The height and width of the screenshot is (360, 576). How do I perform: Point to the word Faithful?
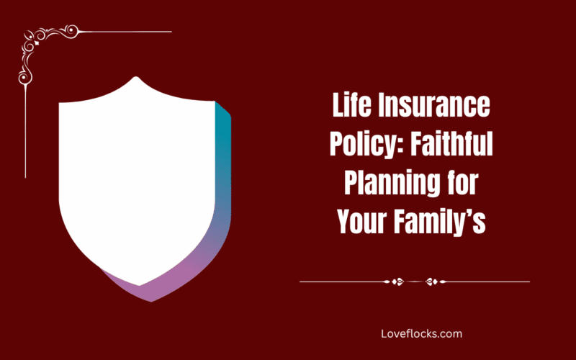tap(452, 145)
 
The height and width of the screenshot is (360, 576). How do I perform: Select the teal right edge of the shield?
tap(225, 144)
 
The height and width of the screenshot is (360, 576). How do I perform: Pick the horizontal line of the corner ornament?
tap(130, 32)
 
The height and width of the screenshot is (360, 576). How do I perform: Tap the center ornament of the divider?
tap(414, 282)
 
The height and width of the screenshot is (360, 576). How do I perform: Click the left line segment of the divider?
tap(342, 282)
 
